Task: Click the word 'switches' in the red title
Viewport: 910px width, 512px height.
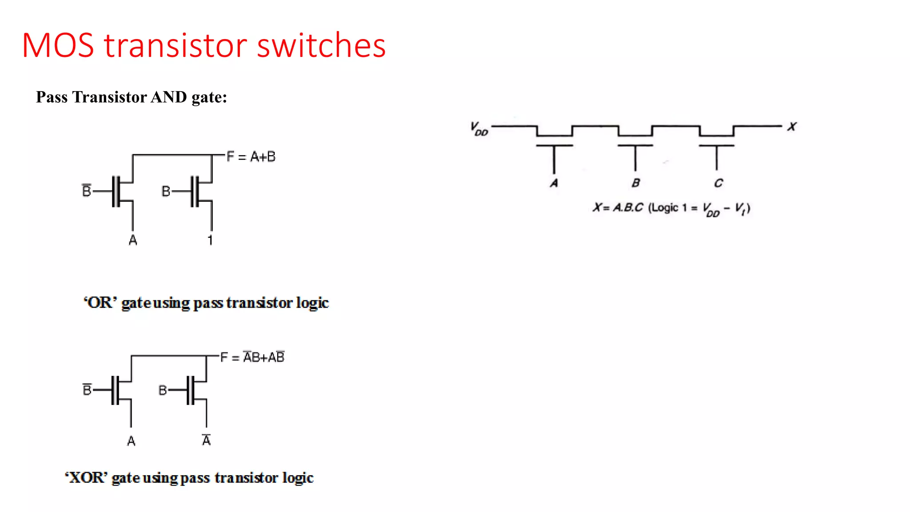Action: coord(321,45)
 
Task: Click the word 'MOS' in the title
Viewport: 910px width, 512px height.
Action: coord(58,45)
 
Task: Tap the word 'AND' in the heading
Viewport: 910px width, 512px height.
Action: coord(169,97)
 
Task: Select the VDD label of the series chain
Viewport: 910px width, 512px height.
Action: coord(479,128)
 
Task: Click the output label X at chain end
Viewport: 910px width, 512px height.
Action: coord(792,127)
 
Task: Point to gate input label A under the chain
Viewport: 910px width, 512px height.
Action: coord(554,183)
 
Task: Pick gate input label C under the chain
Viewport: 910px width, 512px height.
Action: coord(718,183)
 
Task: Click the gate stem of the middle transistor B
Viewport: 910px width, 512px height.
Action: coord(635,158)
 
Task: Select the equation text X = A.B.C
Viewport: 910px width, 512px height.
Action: coord(618,208)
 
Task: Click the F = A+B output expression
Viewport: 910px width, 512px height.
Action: coord(251,156)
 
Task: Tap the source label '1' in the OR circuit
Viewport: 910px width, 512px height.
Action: coord(210,240)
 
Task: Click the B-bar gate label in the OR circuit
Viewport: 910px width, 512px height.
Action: coord(87,191)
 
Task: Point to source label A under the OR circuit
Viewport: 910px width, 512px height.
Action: coord(132,240)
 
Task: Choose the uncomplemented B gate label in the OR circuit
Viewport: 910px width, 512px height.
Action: coord(166,191)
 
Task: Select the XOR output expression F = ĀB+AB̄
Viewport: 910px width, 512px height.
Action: coord(252,357)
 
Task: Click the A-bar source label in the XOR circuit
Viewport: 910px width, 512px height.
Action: coord(206,440)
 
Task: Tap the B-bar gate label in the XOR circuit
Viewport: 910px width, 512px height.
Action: coord(87,390)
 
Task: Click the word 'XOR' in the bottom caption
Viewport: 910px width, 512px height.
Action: coord(86,478)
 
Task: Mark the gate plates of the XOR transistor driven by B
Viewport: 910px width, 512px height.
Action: coord(191,390)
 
